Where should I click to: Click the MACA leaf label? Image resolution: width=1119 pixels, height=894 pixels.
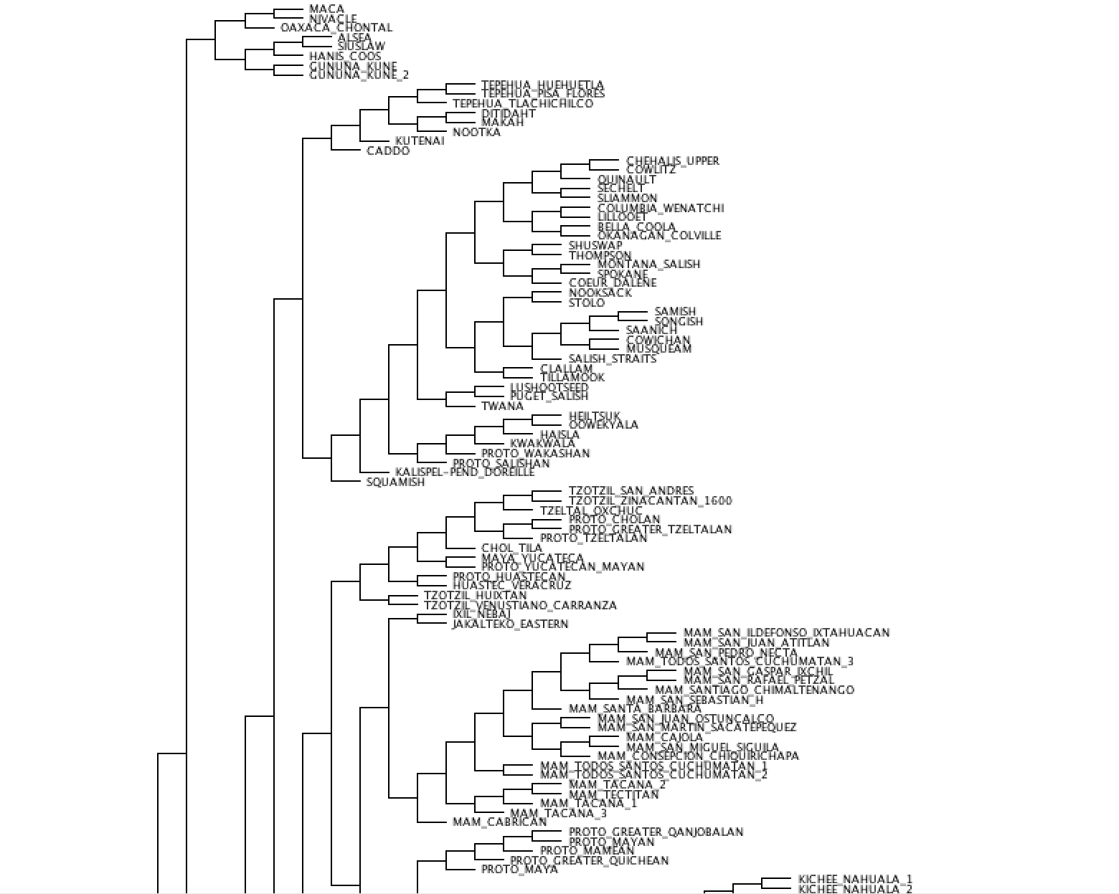point(326,9)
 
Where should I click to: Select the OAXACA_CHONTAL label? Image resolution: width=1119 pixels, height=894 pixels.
point(336,28)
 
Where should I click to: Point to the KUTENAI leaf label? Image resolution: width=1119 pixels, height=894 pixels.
point(420,141)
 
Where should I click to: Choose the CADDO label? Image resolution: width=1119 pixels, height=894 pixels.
point(388,151)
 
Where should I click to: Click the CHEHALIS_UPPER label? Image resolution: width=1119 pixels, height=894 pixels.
point(672,161)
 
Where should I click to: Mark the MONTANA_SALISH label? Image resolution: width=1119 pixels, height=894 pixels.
point(648,264)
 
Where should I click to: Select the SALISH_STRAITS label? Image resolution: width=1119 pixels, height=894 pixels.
point(612,358)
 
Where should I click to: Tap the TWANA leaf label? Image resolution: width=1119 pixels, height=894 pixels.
point(502,406)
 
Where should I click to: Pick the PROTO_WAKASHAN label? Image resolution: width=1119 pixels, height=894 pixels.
point(535,454)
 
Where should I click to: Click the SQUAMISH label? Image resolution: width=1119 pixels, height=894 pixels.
point(395,482)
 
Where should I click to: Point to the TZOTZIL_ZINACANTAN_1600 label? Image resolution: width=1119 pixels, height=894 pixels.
point(650,501)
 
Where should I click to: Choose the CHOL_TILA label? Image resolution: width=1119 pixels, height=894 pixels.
point(511,548)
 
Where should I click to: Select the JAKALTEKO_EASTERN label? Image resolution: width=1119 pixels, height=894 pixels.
point(510,624)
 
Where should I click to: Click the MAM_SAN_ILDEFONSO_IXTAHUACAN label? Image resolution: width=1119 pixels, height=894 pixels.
point(786,633)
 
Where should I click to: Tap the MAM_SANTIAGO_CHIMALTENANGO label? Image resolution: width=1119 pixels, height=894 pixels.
point(754,690)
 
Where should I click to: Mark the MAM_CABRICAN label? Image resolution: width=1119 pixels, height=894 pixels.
point(499,822)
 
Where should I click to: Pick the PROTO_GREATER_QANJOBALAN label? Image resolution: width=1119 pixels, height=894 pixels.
point(656,832)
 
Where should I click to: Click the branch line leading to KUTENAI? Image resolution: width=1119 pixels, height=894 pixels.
point(377,141)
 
